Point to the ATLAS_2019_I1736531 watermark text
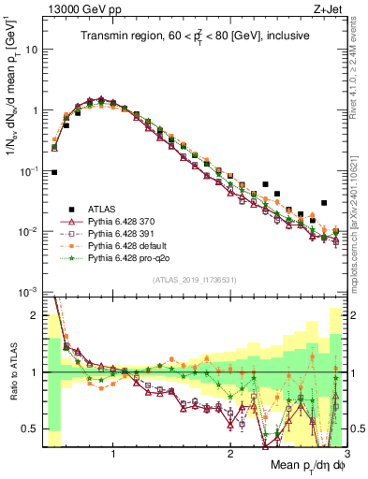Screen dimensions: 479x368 [x=193, y=280]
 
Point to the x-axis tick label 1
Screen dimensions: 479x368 [x=114, y=455]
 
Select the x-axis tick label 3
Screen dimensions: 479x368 [x=346, y=455]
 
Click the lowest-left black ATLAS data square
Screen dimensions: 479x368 [x=54, y=172]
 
